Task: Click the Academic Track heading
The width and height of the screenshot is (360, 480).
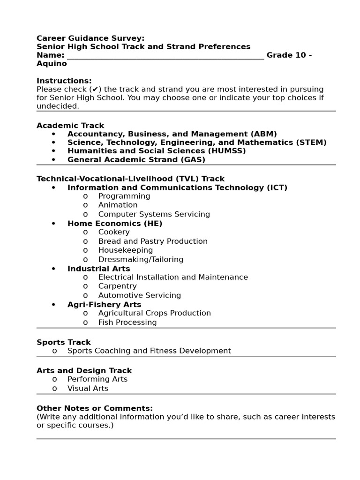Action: click(x=70, y=126)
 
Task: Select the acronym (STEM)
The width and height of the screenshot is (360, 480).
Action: click(x=311, y=142)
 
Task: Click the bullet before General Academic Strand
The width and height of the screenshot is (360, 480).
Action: click(x=54, y=160)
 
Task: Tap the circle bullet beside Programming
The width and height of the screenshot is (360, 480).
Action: click(x=85, y=196)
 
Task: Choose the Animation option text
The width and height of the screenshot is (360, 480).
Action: click(x=118, y=205)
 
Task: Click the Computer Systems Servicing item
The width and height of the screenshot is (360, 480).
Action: click(x=154, y=214)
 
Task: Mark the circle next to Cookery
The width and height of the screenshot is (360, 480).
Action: click(x=85, y=232)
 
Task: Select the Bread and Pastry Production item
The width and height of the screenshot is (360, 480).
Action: click(x=153, y=241)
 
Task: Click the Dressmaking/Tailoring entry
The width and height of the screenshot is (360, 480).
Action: click(x=141, y=259)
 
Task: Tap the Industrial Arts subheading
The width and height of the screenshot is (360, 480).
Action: click(x=98, y=269)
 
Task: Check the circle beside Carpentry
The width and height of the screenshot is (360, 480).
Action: click(x=85, y=286)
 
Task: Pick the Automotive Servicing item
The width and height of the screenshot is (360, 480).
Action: click(x=139, y=295)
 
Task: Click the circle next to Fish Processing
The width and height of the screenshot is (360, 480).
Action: click(x=85, y=322)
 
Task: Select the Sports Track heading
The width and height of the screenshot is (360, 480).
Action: click(x=64, y=342)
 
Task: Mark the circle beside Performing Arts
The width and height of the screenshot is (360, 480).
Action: click(x=55, y=379)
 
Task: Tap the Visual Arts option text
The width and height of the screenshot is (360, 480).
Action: click(x=88, y=388)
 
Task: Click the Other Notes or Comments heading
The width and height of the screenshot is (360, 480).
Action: click(x=95, y=408)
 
